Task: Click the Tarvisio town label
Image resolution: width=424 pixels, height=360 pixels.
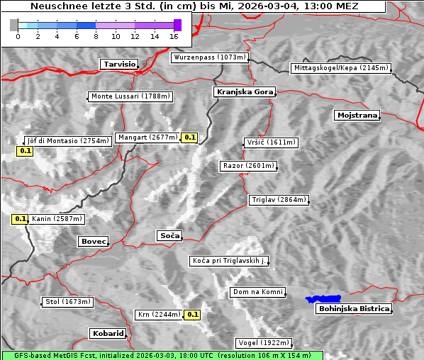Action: point(119,64)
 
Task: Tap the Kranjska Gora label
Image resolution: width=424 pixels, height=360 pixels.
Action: point(243,92)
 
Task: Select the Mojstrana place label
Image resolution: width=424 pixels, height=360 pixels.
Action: point(357,115)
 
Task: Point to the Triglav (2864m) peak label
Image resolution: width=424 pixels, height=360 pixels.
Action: point(279,200)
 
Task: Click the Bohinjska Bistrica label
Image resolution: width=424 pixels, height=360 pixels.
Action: point(354,308)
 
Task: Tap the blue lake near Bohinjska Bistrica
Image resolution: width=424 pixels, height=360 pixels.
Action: point(323,299)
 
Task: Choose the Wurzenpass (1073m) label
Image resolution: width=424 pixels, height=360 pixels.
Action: point(210,57)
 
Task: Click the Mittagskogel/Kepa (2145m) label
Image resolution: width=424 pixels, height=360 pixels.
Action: point(340,68)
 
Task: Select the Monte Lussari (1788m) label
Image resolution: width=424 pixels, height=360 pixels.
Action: point(130,96)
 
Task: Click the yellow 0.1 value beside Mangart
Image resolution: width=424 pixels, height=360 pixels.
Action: point(189,137)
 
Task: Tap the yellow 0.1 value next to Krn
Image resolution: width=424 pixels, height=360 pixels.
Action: point(192,314)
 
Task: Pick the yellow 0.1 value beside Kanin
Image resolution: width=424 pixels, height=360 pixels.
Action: point(20,219)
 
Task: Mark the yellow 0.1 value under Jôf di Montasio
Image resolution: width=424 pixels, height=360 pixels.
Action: point(25,151)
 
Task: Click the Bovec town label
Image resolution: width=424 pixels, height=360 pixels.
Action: point(93,242)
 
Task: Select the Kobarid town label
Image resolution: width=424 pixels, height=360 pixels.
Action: point(108,333)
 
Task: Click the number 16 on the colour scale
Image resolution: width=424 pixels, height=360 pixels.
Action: point(174,35)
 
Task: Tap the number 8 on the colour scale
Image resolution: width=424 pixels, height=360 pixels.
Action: point(95,35)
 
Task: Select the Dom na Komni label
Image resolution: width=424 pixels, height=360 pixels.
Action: point(257,292)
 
